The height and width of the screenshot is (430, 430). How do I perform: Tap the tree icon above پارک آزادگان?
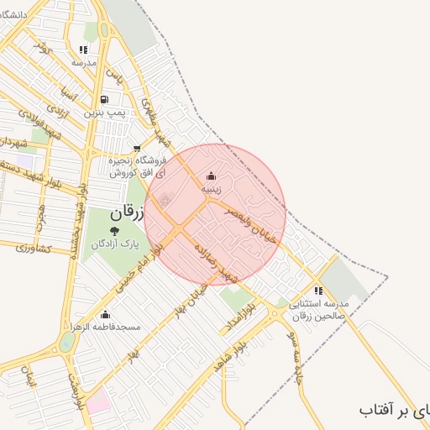113,228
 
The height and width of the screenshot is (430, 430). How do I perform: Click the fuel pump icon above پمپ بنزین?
104,99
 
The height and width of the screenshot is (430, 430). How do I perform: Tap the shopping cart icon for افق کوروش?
136,149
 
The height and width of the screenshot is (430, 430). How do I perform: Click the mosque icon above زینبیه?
210,176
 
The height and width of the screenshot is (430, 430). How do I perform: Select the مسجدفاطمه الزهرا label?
105,327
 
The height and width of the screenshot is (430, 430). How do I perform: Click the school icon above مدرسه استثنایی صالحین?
317,291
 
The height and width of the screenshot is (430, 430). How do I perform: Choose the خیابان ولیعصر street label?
252,224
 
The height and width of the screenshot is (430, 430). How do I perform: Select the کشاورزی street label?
34,249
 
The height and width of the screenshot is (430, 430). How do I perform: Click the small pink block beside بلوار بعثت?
98,401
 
